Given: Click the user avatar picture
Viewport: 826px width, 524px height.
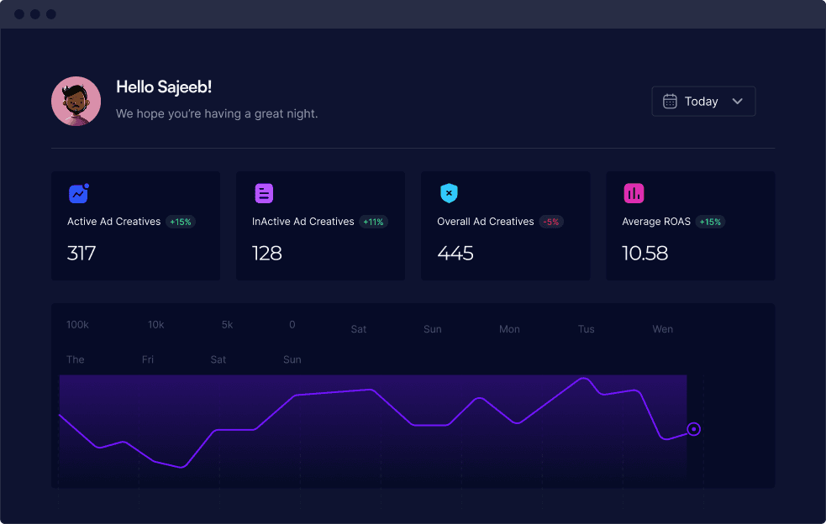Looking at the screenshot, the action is tap(76, 101).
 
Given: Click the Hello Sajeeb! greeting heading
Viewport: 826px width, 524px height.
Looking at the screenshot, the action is tap(164, 86).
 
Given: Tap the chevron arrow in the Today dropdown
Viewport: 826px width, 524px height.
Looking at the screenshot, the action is tap(738, 101).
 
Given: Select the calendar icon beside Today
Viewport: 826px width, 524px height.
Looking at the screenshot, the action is tap(670, 101).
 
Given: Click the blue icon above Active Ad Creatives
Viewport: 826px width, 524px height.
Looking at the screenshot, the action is tap(79, 193).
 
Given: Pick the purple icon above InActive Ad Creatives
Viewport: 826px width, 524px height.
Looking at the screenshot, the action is tap(264, 193).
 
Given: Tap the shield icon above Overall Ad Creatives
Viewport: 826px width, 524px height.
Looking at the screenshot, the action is tap(449, 193).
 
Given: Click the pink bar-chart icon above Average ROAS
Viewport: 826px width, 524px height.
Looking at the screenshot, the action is tap(634, 193).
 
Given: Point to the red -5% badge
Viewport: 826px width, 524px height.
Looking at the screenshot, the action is tap(551, 223).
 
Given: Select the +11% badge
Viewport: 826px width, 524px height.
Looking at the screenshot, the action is tap(373, 223).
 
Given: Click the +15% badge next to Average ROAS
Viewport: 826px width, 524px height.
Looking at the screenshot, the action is tap(710, 223).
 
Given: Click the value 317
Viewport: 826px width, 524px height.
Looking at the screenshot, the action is tap(82, 254).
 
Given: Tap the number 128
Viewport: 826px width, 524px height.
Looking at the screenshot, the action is tap(267, 254).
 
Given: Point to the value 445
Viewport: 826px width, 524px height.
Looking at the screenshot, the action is tap(455, 254).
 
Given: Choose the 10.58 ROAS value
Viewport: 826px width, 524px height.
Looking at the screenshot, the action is tap(644, 254).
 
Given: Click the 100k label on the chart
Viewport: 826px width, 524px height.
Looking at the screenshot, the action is tap(77, 325).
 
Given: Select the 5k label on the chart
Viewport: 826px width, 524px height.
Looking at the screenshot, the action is tap(227, 325).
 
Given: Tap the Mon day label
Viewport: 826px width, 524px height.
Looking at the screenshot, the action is tap(509, 329).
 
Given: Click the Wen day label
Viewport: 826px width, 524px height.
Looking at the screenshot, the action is tap(663, 329).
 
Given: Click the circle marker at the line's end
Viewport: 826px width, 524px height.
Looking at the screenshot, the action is tap(694, 429).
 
